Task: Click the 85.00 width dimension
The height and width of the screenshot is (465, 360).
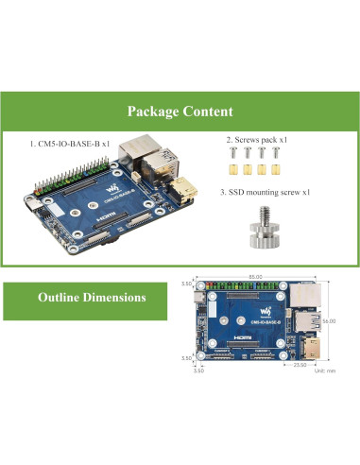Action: click(255, 276)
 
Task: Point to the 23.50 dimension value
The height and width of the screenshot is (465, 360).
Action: click(300, 363)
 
